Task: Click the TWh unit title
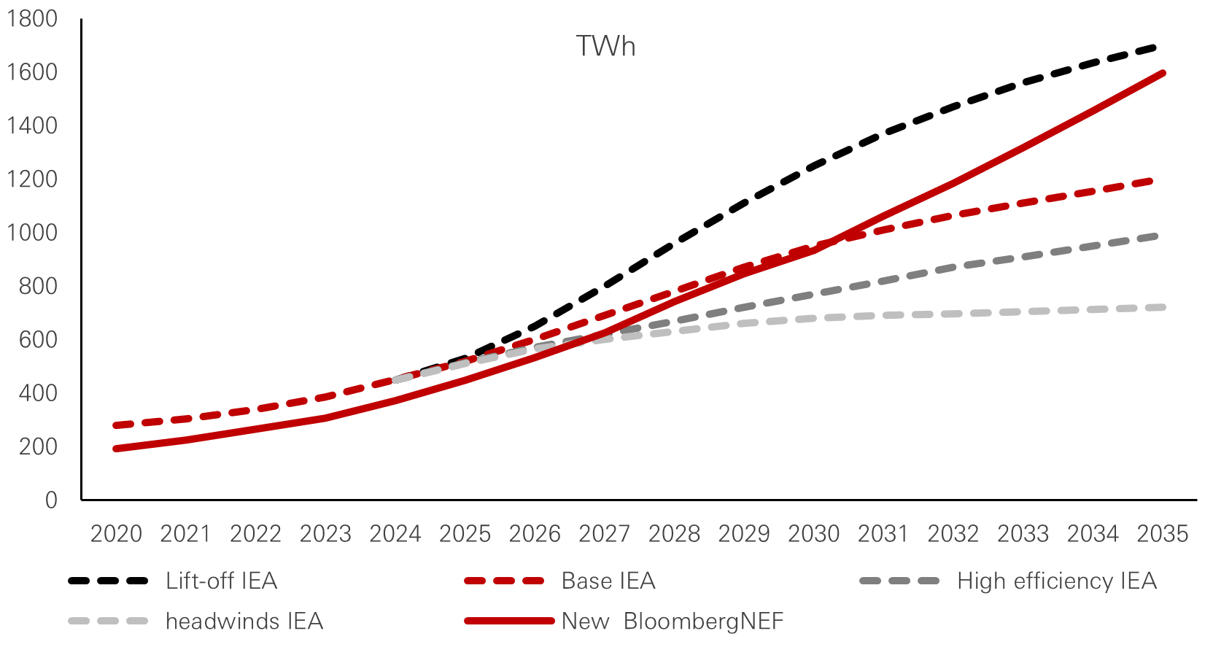pyautogui.click(x=605, y=47)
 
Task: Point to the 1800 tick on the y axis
pyautogui.click(x=31, y=18)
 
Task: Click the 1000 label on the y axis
pyautogui.click(x=31, y=233)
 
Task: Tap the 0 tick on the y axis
pyautogui.click(x=51, y=500)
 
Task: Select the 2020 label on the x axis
pyautogui.click(x=116, y=534)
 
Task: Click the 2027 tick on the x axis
pyautogui.click(x=604, y=534)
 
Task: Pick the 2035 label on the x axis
pyautogui.click(x=1162, y=534)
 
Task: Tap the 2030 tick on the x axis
pyautogui.click(x=813, y=534)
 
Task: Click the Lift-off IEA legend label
pyautogui.click(x=221, y=581)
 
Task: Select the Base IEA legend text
pyautogui.click(x=608, y=581)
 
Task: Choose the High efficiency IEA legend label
pyautogui.click(x=1056, y=581)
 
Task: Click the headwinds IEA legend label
pyautogui.click(x=244, y=622)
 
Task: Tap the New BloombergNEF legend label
pyautogui.click(x=672, y=622)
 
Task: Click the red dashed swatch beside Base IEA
pyautogui.click(x=504, y=581)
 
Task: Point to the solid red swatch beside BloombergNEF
pyautogui.click(x=508, y=622)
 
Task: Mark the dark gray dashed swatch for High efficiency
pyautogui.click(x=899, y=581)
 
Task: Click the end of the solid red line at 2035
pyautogui.click(x=1163, y=73)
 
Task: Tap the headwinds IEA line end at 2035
pyautogui.click(x=1161, y=308)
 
